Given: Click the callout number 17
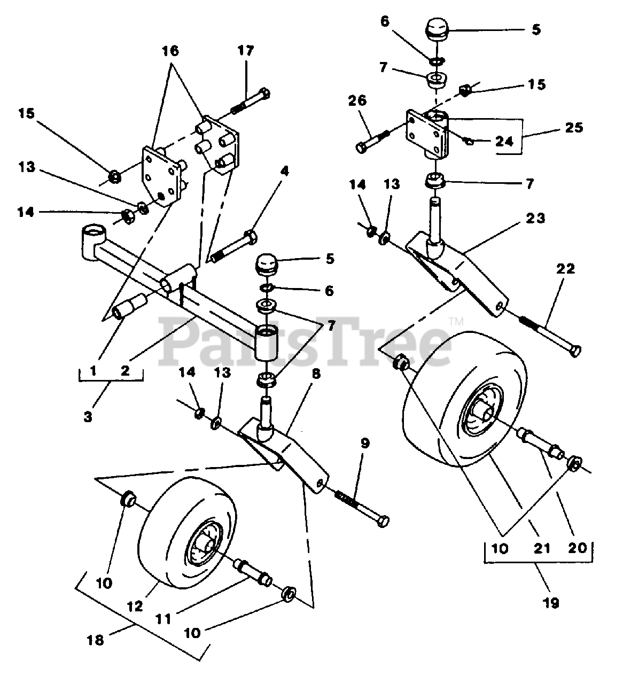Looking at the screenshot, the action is click(x=246, y=51).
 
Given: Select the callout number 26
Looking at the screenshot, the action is click(x=357, y=100).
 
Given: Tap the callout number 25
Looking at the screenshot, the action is click(x=574, y=128).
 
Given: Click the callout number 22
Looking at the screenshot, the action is click(x=566, y=269).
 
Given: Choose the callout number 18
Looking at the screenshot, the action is click(x=95, y=640).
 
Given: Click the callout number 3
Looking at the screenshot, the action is click(x=88, y=416).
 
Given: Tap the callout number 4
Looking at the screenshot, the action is click(x=284, y=172).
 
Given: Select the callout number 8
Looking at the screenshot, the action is click(x=316, y=374).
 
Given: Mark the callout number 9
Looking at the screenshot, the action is click(x=365, y=444).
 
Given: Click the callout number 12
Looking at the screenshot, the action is click(x=134, y=607).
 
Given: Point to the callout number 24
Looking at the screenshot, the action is click(x=505, y=141).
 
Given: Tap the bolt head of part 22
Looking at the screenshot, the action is click(x=575, y=351).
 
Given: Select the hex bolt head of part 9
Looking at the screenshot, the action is click(x=383, y=522).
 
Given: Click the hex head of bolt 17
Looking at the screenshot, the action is click(x=264, y=93).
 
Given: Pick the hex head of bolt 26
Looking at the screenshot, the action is click(x=362, y=147).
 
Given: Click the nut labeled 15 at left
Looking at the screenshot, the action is click(x=115, y=177).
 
